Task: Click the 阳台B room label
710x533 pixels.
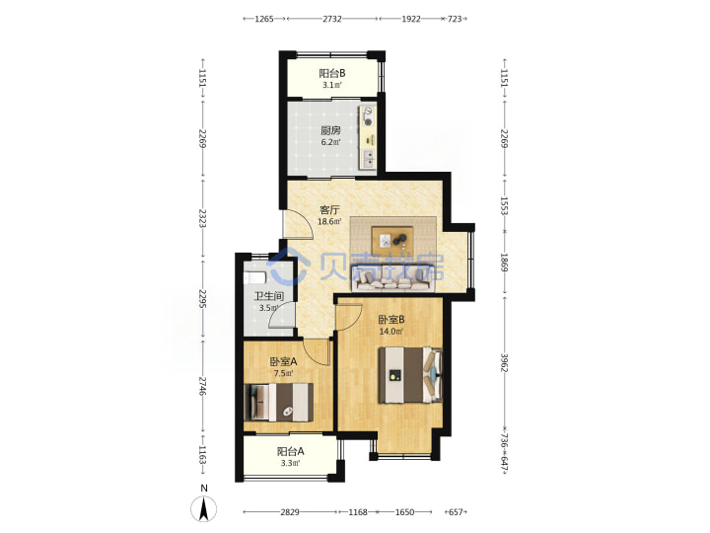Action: tap(332, 73)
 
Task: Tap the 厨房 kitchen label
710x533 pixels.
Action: tap(330, 130)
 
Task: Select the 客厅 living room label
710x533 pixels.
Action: tap(329, 210)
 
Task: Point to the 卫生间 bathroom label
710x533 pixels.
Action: tap(269, 296)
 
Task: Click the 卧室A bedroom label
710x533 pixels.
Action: tap(283, 361)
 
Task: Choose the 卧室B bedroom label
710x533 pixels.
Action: tap(391, 320)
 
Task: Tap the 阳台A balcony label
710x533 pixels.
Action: tap(290, 451)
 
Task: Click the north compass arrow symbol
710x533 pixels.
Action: tap(204, 508)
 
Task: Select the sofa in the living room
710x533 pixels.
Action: tap(392, 281)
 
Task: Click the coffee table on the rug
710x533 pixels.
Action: tap(392, 241)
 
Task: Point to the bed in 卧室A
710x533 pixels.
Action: tap(278, 402)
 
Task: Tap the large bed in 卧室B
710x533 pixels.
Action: tap(410, 375)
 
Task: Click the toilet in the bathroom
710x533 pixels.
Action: tap(254, 277)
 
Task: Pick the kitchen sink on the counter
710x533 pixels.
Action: tap(369, 158)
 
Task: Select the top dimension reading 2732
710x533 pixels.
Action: tap(332, 19)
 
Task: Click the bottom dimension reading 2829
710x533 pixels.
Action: tap(290, 512)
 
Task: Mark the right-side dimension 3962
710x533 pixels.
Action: tap(504, 362)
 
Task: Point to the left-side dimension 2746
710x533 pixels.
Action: tap(203, 387)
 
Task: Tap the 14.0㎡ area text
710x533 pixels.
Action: tap(391, 332)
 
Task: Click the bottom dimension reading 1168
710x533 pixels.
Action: tap(358, 512)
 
